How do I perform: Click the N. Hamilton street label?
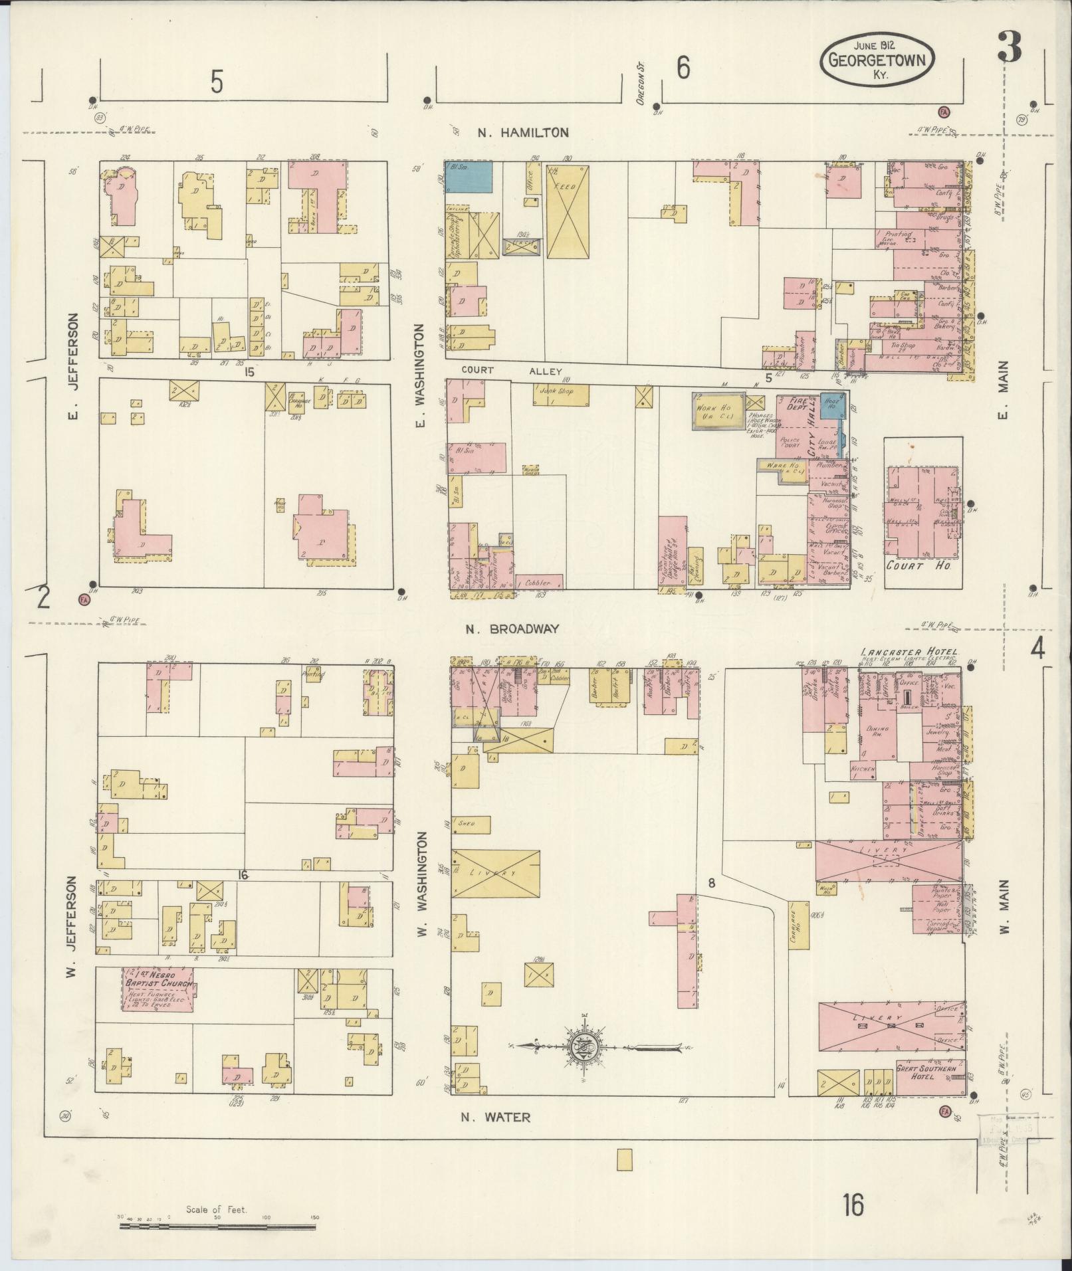click(x=524, y=133)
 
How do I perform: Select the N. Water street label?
click(x=496, y=1117)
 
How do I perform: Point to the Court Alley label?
click(x=512, y=371)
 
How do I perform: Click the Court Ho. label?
click(x=919, y=566)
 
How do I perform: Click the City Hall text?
click(x=811, y=442)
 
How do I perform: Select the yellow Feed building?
click(x=567, y=211)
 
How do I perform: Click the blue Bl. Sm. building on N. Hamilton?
click(x=469, y=177)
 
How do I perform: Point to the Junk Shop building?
click(x=561, y=395)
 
